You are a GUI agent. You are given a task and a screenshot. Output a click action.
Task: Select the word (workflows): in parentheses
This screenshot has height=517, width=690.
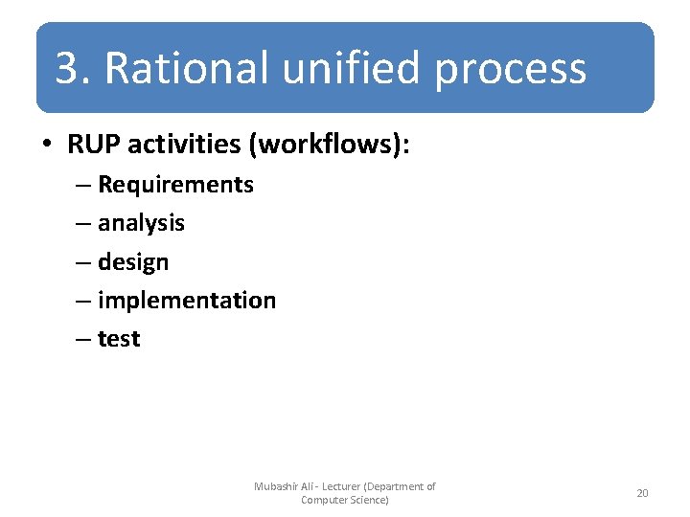coord(328,145)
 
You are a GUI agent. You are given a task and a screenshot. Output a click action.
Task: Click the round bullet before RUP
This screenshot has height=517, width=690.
coord(46,146)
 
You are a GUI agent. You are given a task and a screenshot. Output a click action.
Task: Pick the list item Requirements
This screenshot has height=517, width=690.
coord(175,185)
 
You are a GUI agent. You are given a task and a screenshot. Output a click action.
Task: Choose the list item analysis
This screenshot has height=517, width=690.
coord(141,223)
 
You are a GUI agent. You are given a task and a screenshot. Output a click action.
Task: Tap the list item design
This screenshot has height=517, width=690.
coord(133,262)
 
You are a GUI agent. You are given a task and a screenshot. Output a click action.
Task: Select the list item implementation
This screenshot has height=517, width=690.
coord(187,301)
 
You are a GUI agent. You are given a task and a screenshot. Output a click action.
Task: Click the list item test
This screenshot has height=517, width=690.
coord(119,339)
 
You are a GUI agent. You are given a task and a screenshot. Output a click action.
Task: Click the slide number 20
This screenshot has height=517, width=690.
coord(642,493)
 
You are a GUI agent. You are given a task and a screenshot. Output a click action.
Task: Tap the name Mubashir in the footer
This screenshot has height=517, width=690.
coord(278,486)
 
